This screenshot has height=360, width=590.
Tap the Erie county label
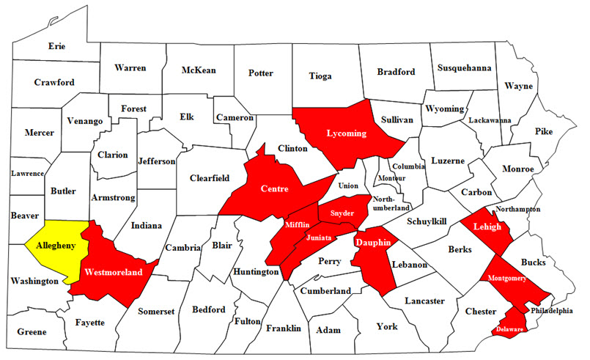[x=57, y=45]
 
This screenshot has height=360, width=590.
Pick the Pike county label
[x=543, y=132]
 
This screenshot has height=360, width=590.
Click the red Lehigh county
[x=487, y=227]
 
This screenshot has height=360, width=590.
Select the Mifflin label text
[x=298, y=224]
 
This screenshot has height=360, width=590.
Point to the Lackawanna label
[x=490, y=120]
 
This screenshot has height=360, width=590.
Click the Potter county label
[x=261, y=73]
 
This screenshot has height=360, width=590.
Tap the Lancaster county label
[x=425, y=301]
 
